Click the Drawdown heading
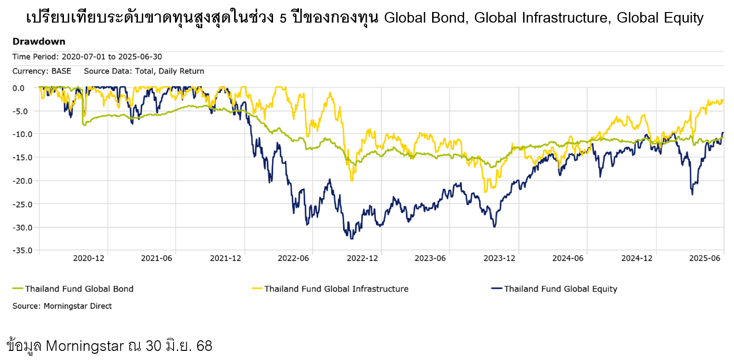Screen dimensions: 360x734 (39, 42)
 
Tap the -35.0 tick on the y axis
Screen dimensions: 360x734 (23, 250)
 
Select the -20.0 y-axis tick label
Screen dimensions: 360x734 (23, 181)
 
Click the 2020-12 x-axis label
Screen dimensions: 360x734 (88, 259)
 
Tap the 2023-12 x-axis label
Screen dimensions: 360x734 (499, 259)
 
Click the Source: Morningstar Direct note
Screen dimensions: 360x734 (62, 306)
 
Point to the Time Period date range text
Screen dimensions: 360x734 (87, 57)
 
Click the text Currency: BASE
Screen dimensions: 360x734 (42, 71)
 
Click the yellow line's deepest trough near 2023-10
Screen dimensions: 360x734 (485, 192)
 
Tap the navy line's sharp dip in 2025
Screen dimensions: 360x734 (692, 194)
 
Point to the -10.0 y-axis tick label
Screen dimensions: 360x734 (23, 134)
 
